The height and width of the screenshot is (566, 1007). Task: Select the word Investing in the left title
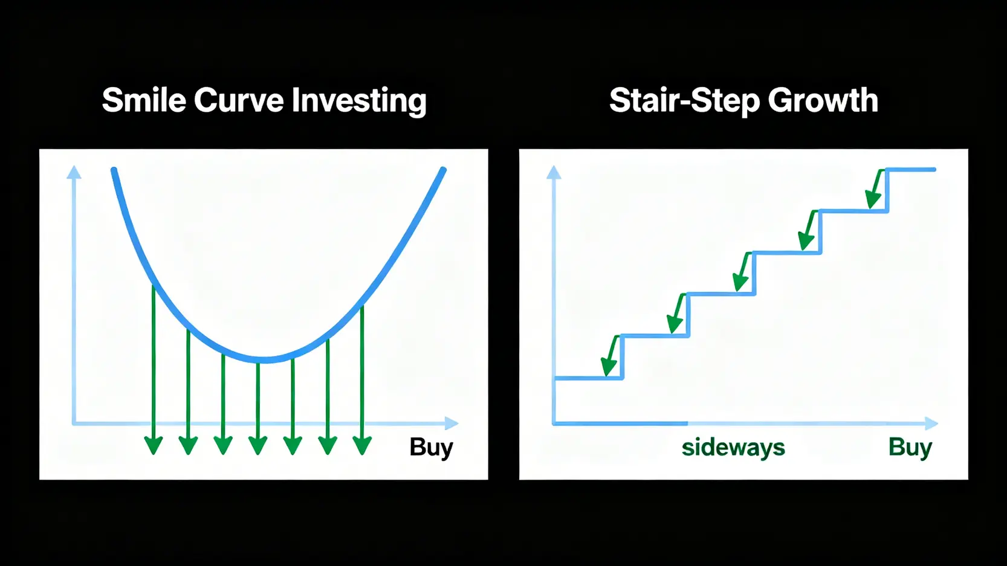[x=359, y=101]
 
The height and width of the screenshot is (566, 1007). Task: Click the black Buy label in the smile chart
[x=431, y=448]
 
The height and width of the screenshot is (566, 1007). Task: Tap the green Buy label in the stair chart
[x=910, y=448]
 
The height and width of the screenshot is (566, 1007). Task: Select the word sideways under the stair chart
[x=733, y=448]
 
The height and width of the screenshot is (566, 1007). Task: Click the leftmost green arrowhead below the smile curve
[x=154, y=446]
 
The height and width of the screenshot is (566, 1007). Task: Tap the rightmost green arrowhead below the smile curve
[x=362, y=446]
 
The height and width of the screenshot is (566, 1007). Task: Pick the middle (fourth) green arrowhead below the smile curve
[x=257, y=446]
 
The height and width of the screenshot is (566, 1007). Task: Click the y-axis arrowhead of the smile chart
[x=74, y=172]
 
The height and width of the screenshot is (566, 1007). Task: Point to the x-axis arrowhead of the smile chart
[x=452, y=423]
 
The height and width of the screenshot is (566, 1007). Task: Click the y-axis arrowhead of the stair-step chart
[x=554, y=172]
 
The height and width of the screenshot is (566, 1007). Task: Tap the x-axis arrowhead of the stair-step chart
[x=931, y=423]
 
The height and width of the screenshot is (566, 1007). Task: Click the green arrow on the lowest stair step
[x=612, y=356]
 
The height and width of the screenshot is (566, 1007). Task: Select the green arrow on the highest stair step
[x=875, y=188]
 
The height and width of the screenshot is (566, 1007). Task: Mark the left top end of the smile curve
[x=114, y=170]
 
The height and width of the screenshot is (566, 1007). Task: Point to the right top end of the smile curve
[x=443, y=170]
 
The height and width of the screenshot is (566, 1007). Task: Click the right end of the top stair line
[x=934, y=169]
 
